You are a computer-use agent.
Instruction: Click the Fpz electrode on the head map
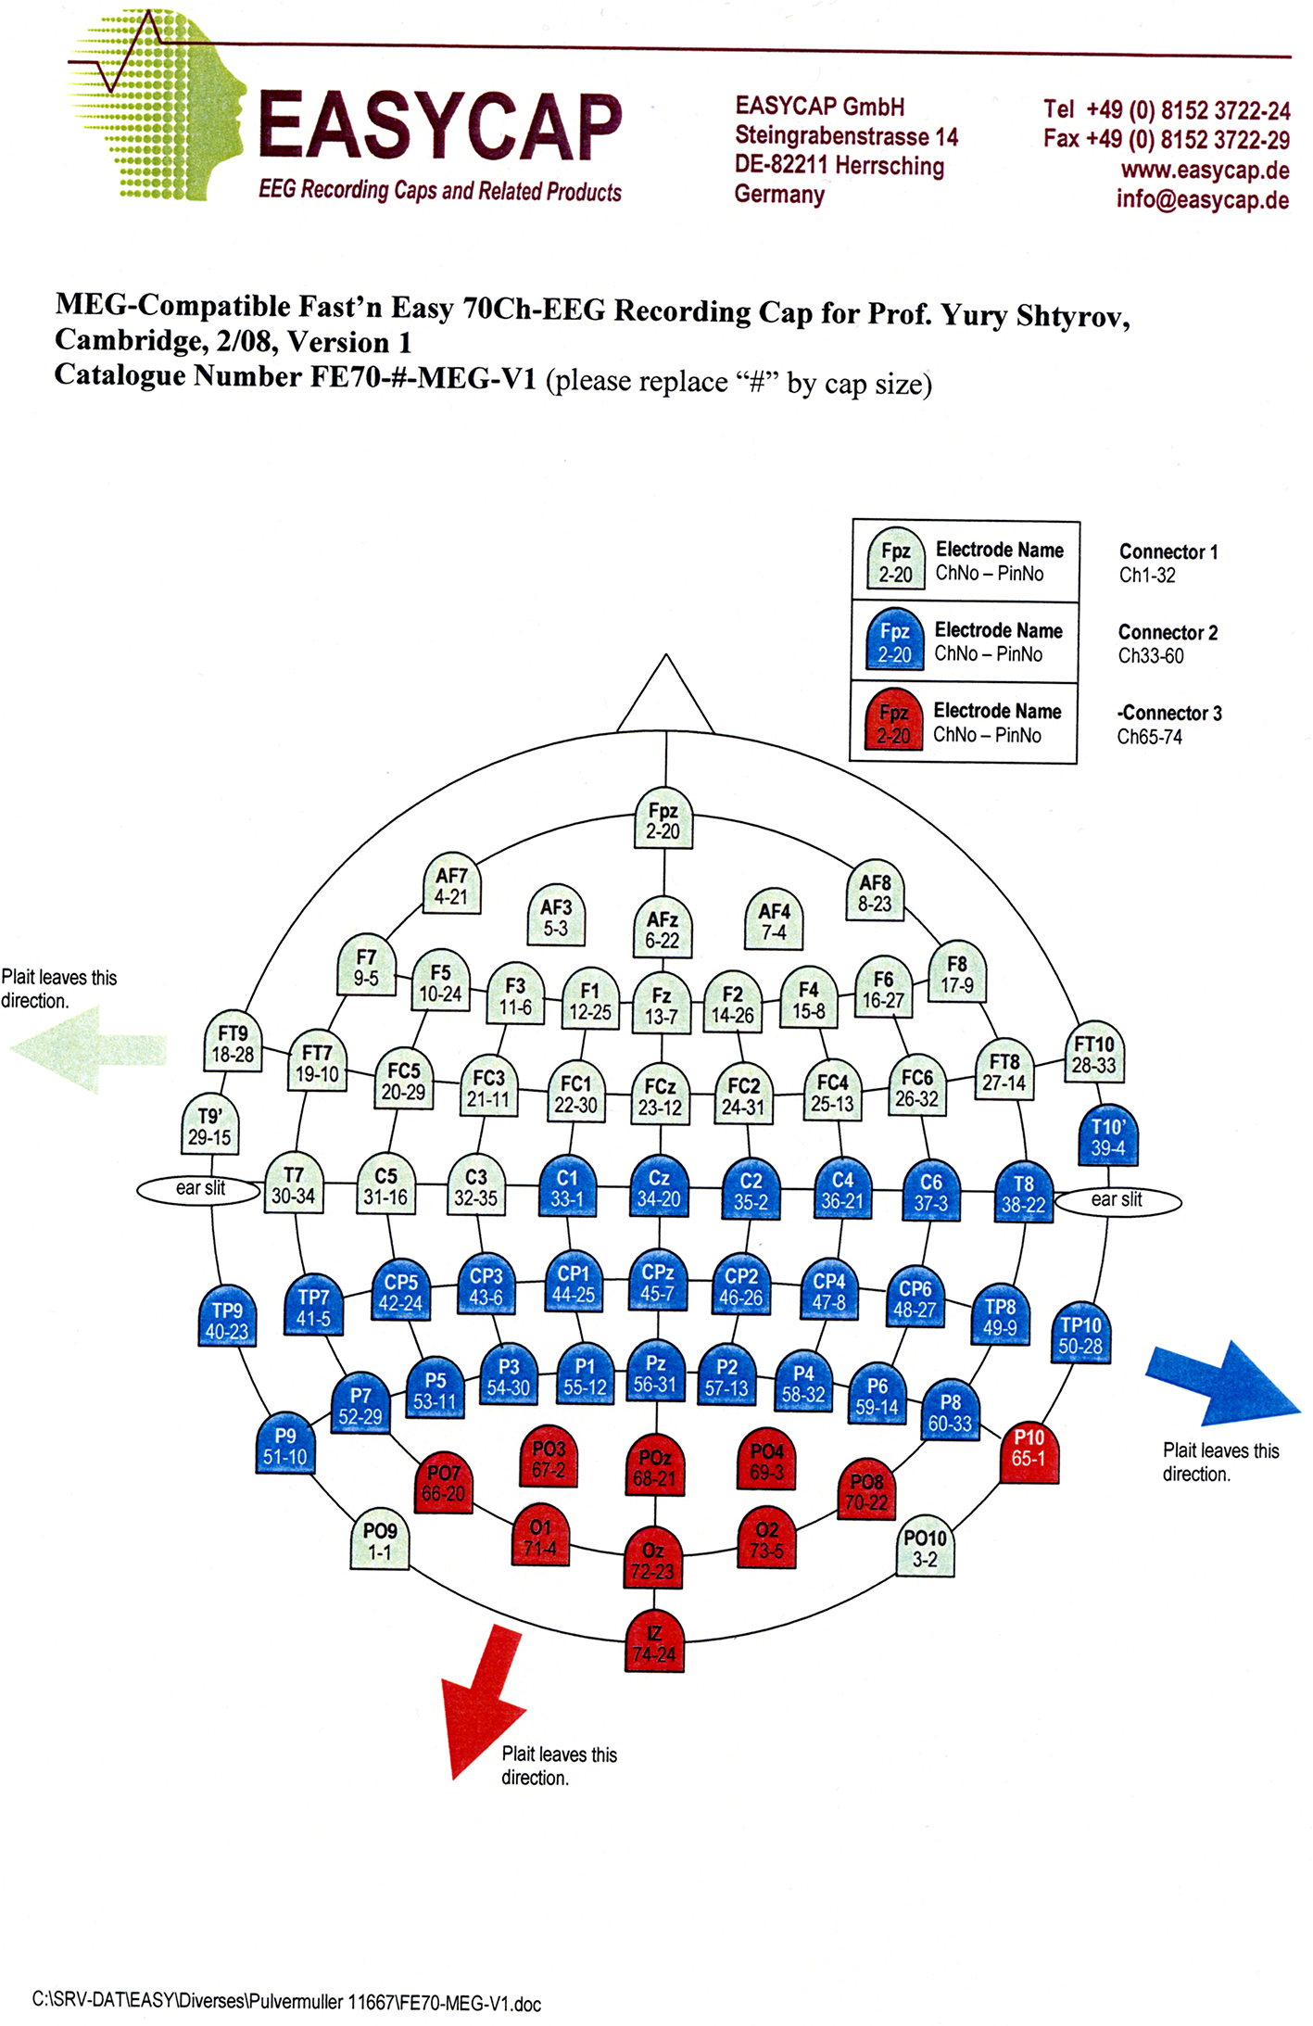pos(663,820)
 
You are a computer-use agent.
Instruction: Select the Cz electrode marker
pos(659,1188)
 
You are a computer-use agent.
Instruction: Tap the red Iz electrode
pos(654,1644)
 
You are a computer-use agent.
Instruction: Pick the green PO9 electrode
pos(380,1541)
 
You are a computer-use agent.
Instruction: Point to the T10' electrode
pos(1108,1137)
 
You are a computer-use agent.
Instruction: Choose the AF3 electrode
pos(556,917)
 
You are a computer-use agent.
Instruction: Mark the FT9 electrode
pos(233,1044)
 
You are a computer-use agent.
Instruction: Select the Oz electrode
pos(653,1561)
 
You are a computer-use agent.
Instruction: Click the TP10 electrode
pos(1080,1336)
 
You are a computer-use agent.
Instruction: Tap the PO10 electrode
pos(925,1549)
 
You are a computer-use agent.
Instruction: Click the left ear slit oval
pos(200,1189)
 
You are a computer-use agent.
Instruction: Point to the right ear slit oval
pos(1117,1200)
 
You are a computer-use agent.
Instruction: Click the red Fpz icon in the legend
pos(894,724)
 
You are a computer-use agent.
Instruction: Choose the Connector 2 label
pos(1168,633)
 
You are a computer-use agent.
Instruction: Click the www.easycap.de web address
pos(1205,171)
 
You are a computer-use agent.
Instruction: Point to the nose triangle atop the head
pos(665,700)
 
